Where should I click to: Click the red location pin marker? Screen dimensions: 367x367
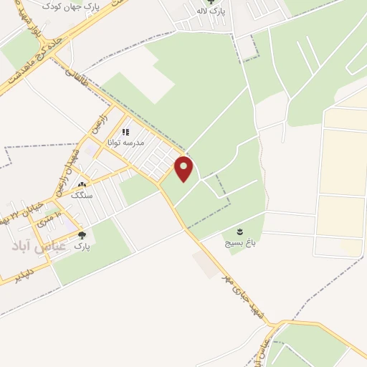(x=184, y=169)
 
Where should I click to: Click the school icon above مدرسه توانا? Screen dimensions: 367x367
(x=125, y=132)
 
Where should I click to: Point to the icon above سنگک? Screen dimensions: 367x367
(x=81, y=174)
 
